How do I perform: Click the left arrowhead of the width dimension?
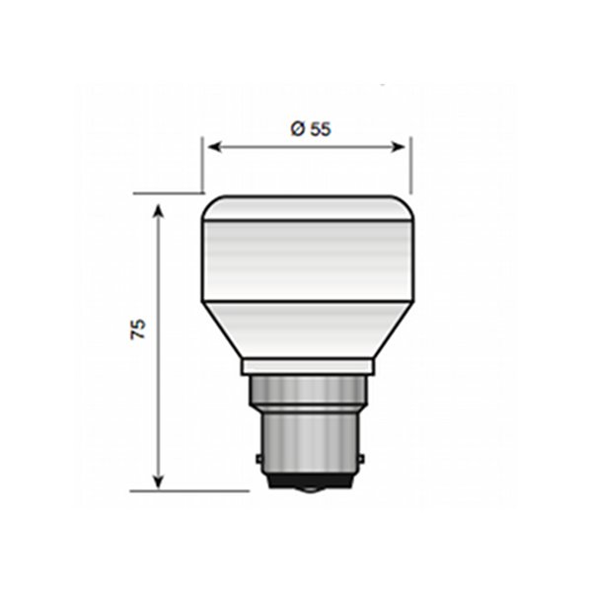(x=212, y=147)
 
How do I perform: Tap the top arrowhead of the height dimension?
(x=159, y=205)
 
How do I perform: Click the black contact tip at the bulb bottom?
(x=307, y=486)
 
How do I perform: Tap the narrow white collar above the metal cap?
(x=307, y=366)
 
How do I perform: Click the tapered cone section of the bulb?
(x=307, y=331)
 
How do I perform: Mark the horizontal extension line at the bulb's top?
(x=168, y=193)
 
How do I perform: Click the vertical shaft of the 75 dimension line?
(x=159, y=395)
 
